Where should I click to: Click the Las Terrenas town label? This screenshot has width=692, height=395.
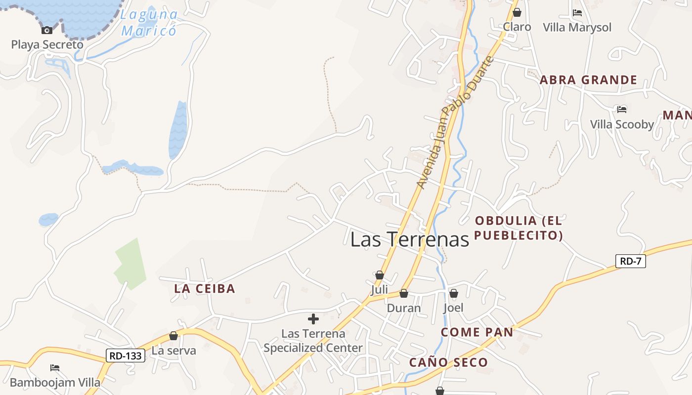click(409, 239)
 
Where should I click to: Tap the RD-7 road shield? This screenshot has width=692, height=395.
click(630, 261)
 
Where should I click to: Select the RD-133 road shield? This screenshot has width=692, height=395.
click(126, 355)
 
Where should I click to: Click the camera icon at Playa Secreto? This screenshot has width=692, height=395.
click(47, 31)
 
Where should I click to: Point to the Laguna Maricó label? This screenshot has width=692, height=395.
click(149, 23)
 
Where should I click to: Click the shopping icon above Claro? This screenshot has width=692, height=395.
click(517, 12)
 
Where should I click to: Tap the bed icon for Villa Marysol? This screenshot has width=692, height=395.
click(577, 13)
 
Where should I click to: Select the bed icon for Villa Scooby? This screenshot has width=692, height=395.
click(621, 109)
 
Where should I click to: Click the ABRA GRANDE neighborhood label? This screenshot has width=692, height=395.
click(588, 80)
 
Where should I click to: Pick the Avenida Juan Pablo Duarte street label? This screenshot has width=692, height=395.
click(455, 122)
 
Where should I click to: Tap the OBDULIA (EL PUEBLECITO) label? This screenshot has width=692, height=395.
click(519, 228)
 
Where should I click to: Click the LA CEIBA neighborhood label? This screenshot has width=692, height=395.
click(204, 289)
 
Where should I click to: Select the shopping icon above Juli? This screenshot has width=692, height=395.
click(380, 275)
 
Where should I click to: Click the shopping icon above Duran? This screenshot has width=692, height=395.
click(404, 294)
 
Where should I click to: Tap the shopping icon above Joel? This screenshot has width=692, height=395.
click(453, 293)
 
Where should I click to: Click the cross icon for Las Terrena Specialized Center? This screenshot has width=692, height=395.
click(313, 319)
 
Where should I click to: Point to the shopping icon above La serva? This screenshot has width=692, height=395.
click(173, 336)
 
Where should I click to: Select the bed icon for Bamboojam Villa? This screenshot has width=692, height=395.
click(55, 368)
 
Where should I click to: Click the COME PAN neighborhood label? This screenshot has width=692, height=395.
click(476, 332)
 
